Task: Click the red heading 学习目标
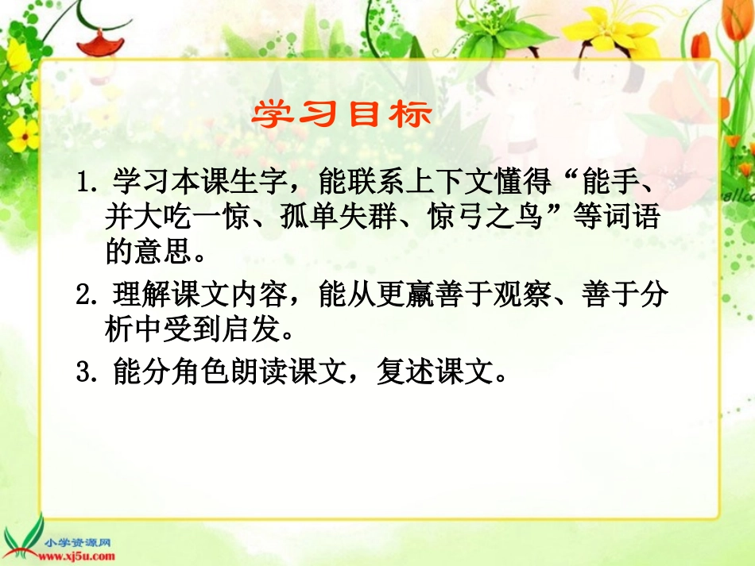point(342,114)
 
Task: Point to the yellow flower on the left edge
point(22,133)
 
